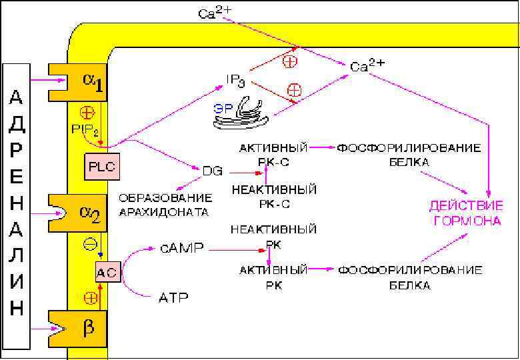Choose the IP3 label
tap(237, 81)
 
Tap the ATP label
tap(173, 297)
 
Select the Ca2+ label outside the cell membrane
tap(215, 13)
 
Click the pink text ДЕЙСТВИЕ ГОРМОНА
tap(465, 213)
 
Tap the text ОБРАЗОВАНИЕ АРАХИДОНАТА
tap(165, 205)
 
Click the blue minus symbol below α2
tap(89, 244)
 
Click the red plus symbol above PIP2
tap(87, 112)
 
